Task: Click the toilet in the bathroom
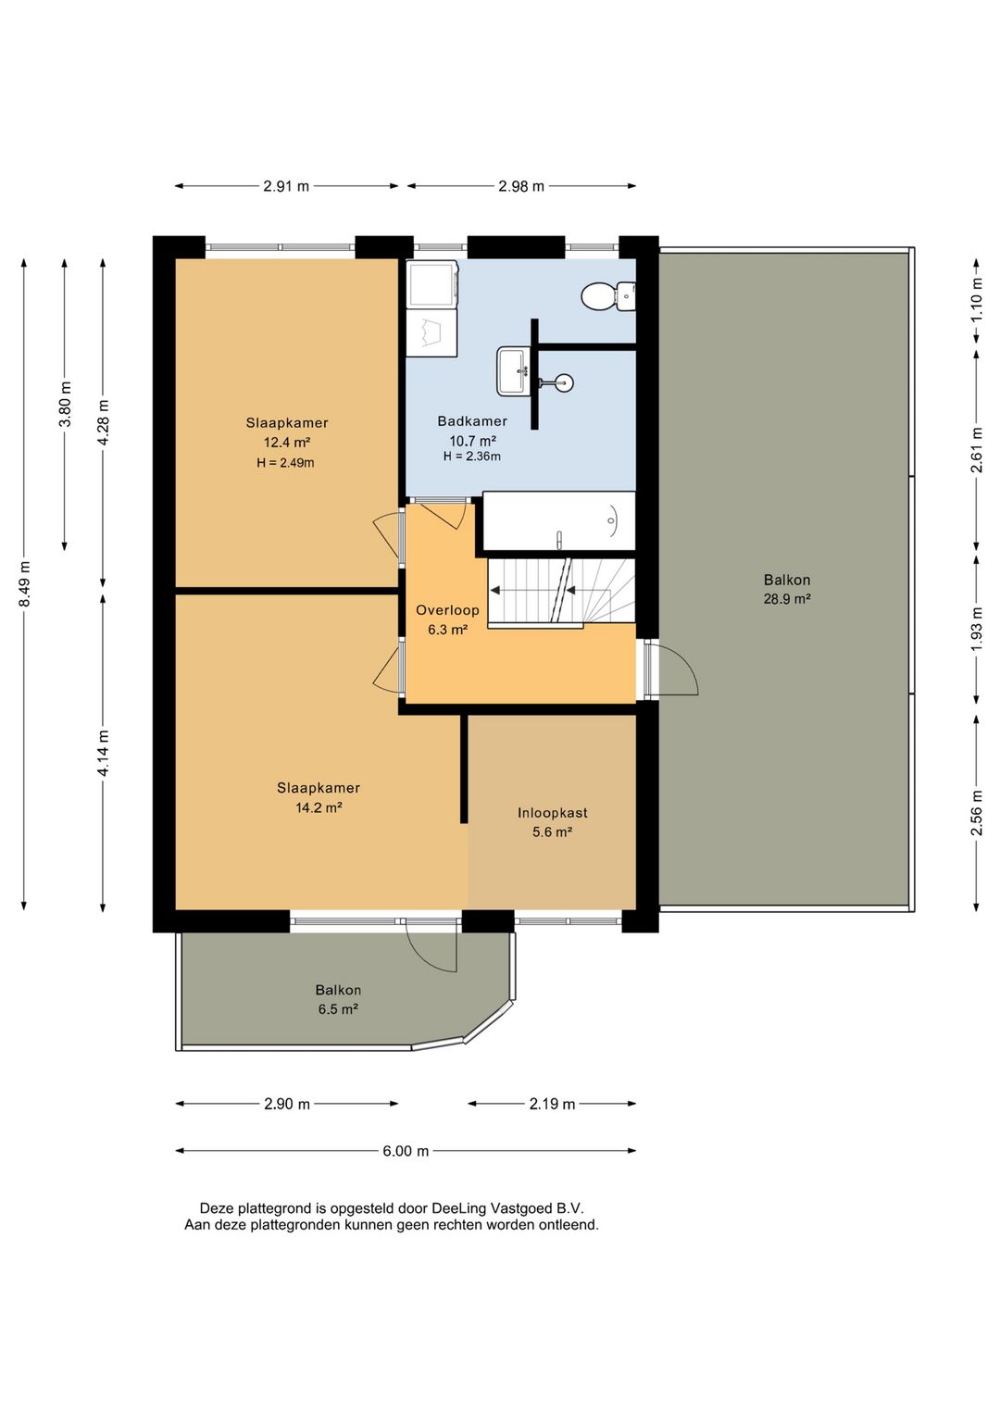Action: (x=608, y=296)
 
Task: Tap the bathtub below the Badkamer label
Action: (x=559, y=521)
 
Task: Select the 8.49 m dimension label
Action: (x=25, y=583)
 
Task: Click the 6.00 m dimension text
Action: (x=406, y=1151)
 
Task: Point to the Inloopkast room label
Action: (x=553, y=813)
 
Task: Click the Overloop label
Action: (x=447, y=610)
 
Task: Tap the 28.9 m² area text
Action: (x=787, y=599)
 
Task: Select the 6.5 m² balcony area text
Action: (x=338, y=1009)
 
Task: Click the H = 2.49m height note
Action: (x=285, y=462)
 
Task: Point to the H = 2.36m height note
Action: (x=472, y=456)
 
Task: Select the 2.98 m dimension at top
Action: (x=521, y=186)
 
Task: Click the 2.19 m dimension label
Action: (x=552, y=1104)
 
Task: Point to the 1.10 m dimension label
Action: (x=977, y=300)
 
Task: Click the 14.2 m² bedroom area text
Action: (x=319, y=807)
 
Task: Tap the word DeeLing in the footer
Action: (x=459, y=1208)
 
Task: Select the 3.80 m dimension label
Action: (x=65, y=405)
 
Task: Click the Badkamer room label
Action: (x=472, y=420)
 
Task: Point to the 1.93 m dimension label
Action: (x=977, y=630)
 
